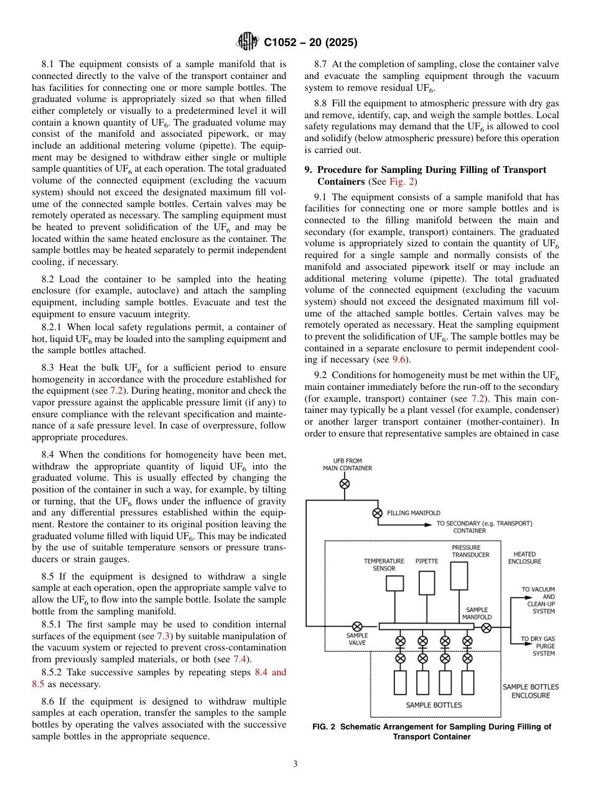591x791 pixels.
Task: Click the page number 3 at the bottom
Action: click(x=295, y=764)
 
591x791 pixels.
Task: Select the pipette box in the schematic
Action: click(x=427, y=583)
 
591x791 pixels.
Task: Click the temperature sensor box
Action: click(x=394, y=583)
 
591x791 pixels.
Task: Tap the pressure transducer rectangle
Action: click(x=459, y=576)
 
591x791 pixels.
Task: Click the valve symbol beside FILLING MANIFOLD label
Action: click(x=377, y=513)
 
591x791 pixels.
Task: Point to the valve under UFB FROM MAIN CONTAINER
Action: click(x=344, y=484)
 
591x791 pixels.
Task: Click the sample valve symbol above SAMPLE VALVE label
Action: click(x=357, y=627)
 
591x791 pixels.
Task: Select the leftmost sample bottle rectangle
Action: click(x=401, y=682)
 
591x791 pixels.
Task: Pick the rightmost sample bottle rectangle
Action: click(x=467, y=682)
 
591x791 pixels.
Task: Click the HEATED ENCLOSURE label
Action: click(x=524, y=557)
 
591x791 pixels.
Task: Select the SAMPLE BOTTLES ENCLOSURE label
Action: click(x=530, y=691)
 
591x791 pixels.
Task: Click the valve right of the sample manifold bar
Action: click(x=486, y=627)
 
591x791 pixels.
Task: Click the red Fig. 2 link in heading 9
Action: click(x=399, y=182)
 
